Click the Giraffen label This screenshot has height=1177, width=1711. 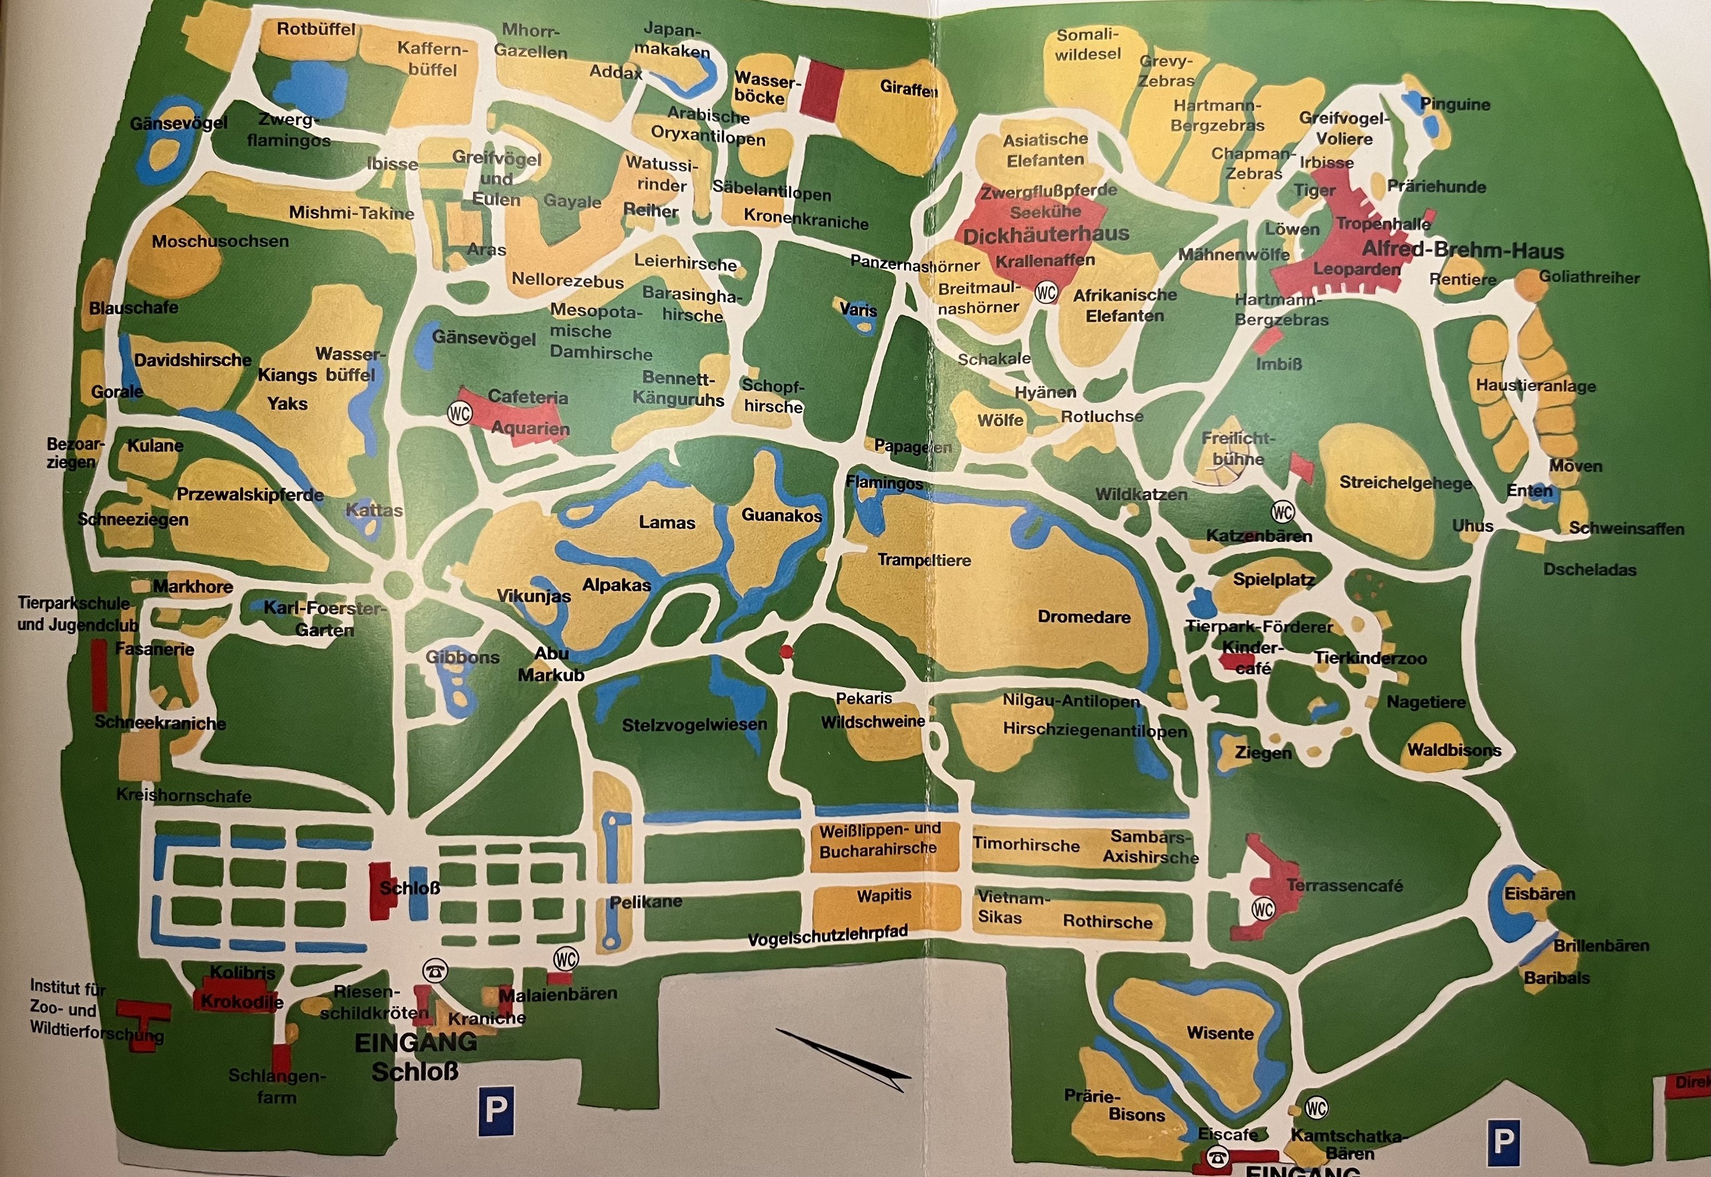[909, 88]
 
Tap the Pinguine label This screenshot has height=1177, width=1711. [1455, 105]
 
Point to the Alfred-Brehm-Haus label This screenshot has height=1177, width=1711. [1462, 251]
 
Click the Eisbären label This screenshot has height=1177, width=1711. [1540, 894]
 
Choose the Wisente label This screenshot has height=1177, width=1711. [1220, 1033]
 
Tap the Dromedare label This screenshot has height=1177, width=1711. [1084, 616]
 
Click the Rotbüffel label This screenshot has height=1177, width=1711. [316, 29]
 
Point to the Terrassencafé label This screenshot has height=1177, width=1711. [1344, 885]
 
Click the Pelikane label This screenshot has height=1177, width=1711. [646, 901]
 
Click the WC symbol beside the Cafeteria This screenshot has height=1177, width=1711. [459, 413]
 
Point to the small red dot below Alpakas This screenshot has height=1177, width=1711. [786, 651]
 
